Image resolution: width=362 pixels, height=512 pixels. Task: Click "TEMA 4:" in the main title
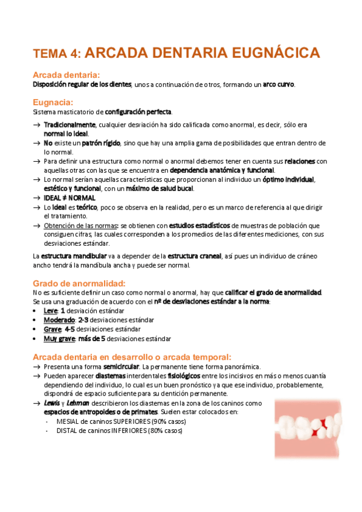[57, 53]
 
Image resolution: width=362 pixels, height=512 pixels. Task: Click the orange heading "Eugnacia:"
[53, 102]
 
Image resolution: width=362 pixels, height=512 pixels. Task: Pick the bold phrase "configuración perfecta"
[138, 112]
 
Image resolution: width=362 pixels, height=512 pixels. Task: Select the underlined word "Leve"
[51, 310]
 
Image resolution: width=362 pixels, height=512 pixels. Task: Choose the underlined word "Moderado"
[59, 320]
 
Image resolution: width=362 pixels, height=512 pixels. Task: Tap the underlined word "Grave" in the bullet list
[53, 330]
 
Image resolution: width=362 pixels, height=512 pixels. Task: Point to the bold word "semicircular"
[120, 366]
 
